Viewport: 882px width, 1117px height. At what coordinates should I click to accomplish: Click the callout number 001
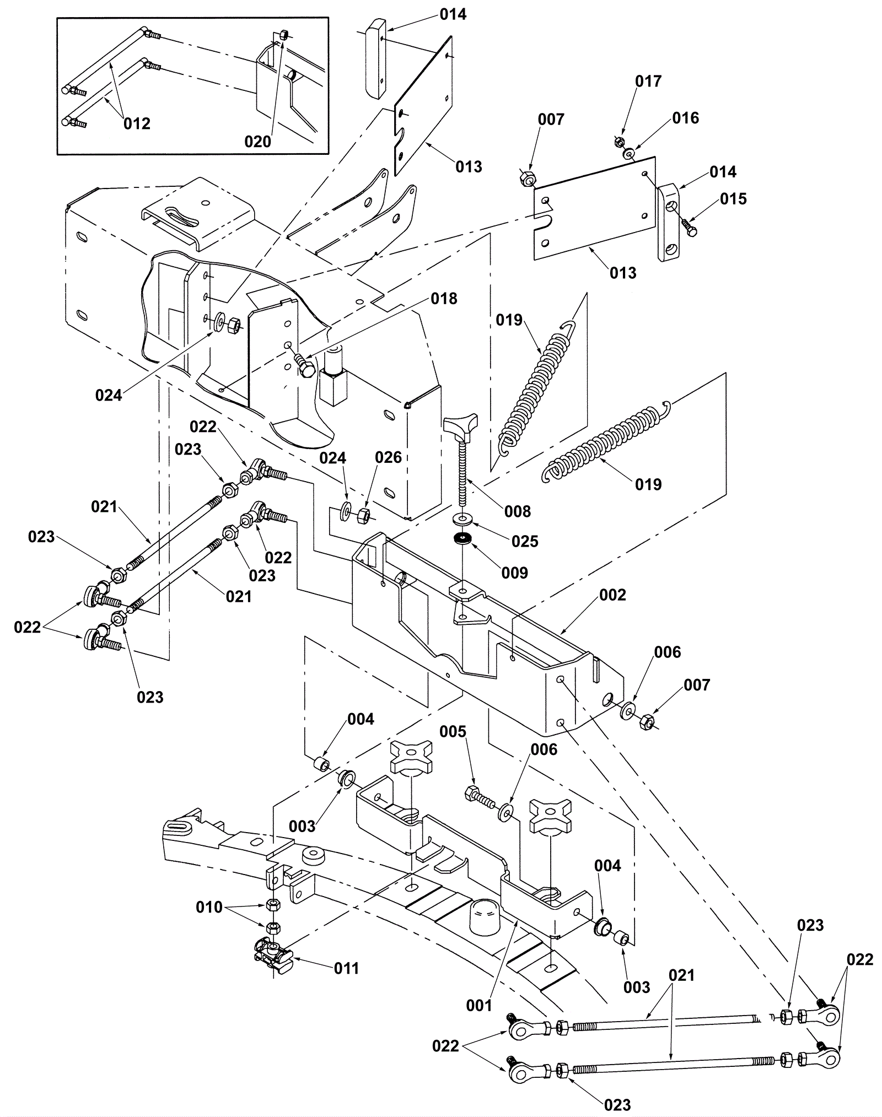(478, 1006)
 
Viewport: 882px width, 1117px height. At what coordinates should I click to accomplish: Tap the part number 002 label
(613, 595)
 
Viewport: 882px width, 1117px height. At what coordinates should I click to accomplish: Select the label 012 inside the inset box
(137, 123)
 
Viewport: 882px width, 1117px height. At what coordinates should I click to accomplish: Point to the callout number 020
(258, 142)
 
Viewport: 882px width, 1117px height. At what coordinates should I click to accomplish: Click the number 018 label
(444, 299)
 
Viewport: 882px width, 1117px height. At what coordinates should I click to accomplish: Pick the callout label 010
(209, 907)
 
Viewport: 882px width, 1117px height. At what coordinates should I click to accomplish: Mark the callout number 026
(389, 457)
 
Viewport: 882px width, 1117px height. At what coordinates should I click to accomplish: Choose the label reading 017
(648, 82)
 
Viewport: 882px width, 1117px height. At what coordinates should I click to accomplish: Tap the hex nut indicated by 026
(364, 515)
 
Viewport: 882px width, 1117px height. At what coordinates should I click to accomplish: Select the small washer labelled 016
(629, 154)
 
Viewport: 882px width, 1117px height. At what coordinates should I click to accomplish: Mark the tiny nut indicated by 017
(619, 143)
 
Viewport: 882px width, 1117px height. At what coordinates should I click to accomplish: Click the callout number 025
(525, 541)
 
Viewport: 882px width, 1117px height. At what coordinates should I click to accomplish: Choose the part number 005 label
(453, 732)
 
